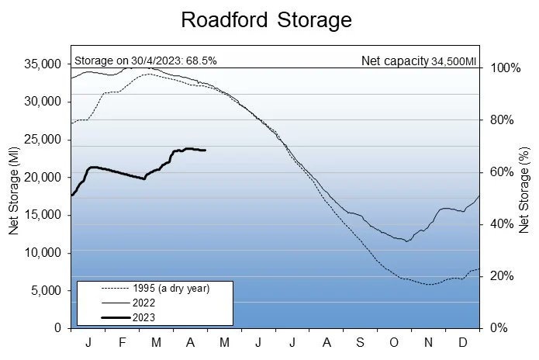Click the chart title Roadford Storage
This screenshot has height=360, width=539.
click(x=266, y=20)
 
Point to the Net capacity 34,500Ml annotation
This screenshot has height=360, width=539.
click(x=418, y=61)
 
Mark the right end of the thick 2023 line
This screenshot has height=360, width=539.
click(x=206, y=150)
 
